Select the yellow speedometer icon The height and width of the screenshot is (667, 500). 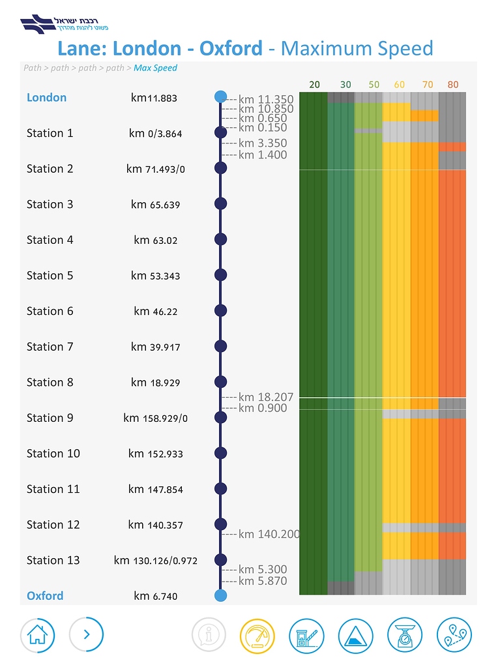coord(257,634)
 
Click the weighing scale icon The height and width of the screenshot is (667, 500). coord(405,634)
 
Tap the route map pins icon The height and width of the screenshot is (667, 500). coord(454,634)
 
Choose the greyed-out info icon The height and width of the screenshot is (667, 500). coord(209,634)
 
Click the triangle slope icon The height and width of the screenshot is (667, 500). coord(355,634)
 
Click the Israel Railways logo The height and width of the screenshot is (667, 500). coord(65,24)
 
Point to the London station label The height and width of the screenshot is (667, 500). coord(46,98)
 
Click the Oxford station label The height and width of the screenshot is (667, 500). coord(45,596)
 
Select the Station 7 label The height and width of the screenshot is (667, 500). coord(50,347)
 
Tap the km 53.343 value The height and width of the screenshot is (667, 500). coord(155,276)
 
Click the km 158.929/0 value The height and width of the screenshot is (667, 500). coord(155,418)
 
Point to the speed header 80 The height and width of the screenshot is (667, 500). coord(453,85)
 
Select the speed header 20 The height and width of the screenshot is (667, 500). coord(314,85)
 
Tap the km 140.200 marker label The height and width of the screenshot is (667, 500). coord(269,535)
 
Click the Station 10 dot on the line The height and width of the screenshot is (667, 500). coord(220,453)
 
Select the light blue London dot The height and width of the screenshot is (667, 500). coord(220,97)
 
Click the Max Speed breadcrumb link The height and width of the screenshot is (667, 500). coord(155,68)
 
